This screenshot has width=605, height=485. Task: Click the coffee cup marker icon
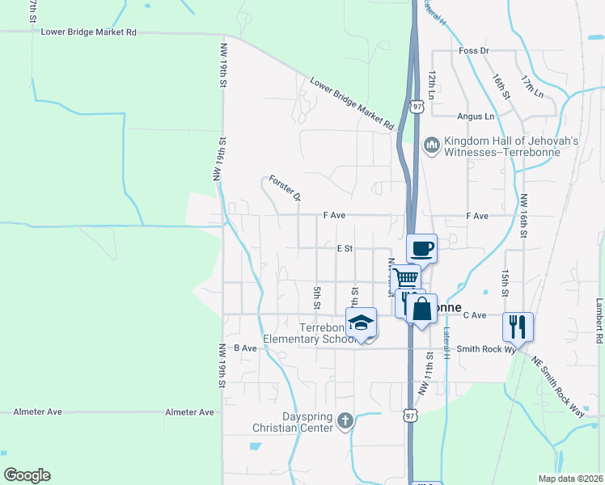(x=421, y=248)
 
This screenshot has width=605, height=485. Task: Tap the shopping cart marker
(x=407, y=278)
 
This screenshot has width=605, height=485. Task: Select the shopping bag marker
(x=422, y=308)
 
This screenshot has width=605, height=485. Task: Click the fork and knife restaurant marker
(x=518, y=327)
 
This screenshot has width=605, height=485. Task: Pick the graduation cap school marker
(x=361, y=323)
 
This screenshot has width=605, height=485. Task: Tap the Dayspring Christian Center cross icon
(x=345, y=420)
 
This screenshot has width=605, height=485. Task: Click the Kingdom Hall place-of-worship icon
(x=430, y=145)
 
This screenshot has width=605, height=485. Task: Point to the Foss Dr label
(x=474, y=51)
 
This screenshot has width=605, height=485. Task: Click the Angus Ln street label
(x=475, y=116)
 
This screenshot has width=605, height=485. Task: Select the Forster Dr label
(x=285, y=188)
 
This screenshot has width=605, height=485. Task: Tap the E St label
(x=345, y=249)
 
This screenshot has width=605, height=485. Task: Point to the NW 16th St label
(x=524, y=216)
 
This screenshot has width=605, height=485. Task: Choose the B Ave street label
(x=244, y=348)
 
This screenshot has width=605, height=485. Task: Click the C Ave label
(x=474, y=315)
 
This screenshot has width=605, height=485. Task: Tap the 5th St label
(x=316, y=296)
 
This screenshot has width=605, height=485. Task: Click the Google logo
(x=27, y=475)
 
